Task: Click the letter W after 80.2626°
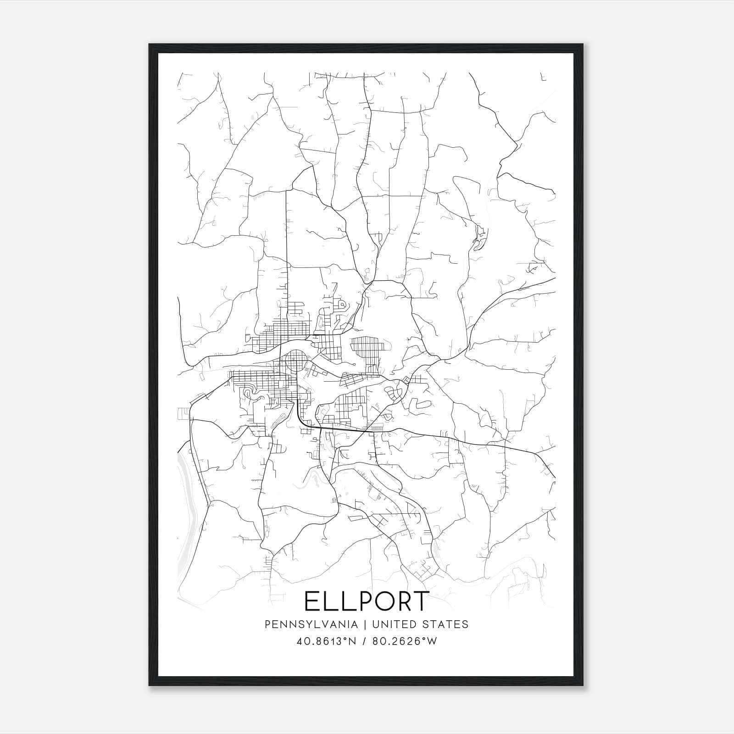432,641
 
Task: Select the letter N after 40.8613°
353,641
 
